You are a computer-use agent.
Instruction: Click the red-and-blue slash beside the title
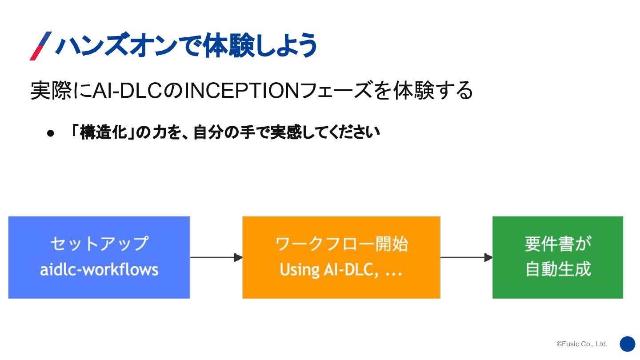[40, 46]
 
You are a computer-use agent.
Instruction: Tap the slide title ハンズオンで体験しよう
[186, 45]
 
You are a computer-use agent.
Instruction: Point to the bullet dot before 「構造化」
[50, 133]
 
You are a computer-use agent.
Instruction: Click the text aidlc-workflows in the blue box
[99, 269]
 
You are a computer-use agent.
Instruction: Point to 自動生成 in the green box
[558, 269]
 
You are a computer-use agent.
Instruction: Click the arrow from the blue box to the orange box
[216, 257]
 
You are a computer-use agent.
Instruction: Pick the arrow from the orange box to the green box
[466, 257]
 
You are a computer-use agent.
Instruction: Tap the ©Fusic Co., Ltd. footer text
[582, 344]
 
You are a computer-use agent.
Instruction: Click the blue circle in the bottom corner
[628, 344]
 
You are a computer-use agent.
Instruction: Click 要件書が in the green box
[558, 244]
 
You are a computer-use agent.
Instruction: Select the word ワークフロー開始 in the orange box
[341, 244]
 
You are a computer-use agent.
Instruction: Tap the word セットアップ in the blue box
[99, 244]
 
